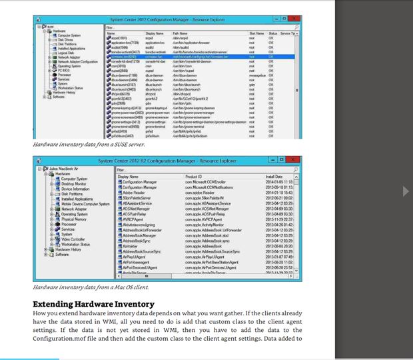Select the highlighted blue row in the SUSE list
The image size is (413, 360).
click(200, 57)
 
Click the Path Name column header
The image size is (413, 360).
click(180, 33)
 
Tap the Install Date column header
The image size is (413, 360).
click(274, 177)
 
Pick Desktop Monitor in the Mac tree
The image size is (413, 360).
click(74, 183)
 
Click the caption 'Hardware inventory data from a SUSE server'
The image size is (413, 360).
click(89, 143)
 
